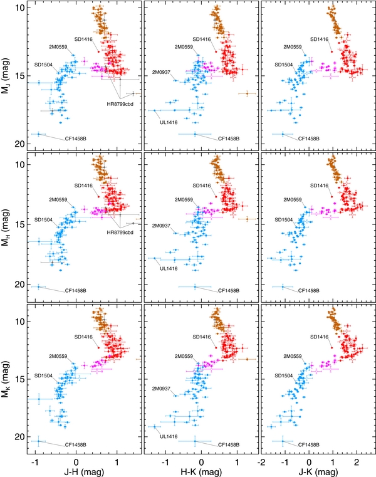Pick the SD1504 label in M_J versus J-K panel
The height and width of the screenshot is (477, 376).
(x=286, y=65)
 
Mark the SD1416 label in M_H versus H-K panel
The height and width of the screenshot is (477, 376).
(x=201, y=185)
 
